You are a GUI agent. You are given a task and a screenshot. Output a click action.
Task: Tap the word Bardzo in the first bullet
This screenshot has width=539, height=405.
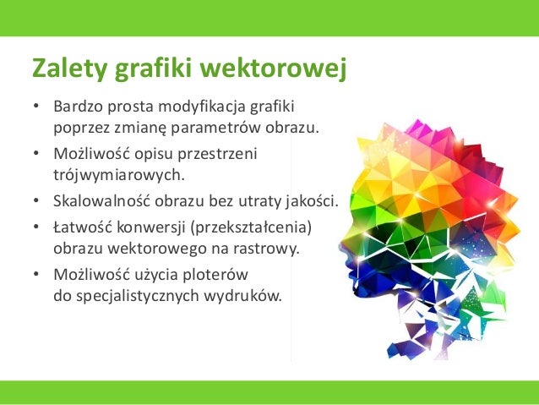pyautogui.click(x=76, y=107)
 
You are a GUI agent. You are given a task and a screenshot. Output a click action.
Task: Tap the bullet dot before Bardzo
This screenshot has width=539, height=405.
pyautogui.click(x=35, y=107)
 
